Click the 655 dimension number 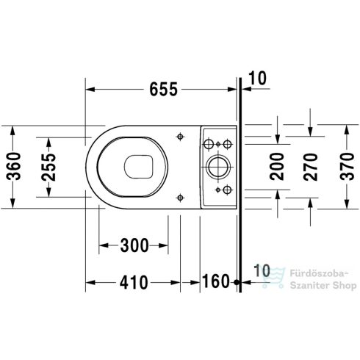tap(163, 90)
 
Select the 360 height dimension tap(14, 166)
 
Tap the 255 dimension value tap(48, 168)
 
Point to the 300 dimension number tap(134, 245)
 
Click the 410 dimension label tap(134, 282)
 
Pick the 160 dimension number tap(216, 281)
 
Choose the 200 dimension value tap(277, 167)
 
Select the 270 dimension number tap(310, 167)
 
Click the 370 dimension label tap(347, 166)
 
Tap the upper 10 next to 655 tap(258, 79)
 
